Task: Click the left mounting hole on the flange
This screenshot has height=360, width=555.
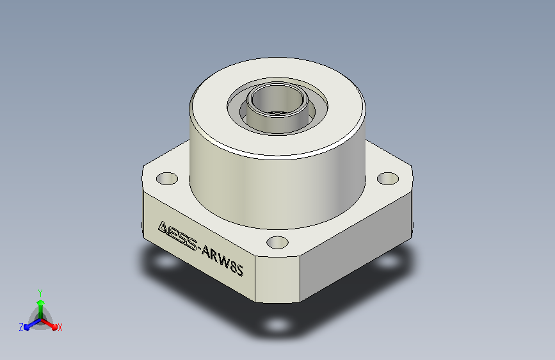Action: click(166, 179)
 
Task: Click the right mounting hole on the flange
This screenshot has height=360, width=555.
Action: click(388, 178)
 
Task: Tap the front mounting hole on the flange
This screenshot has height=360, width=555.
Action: click(277, 243)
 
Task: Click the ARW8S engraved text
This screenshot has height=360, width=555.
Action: click(222, 261)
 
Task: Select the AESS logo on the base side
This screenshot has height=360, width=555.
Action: click(177, 235)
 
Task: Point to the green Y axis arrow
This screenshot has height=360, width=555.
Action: click(41, 309)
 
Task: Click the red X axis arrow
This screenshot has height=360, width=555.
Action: click(49, 324)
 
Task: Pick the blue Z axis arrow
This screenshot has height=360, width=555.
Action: click(32, 325)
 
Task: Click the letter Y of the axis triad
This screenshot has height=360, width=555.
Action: click(40, 293)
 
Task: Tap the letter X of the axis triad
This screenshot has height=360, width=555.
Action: click(60, 328)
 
